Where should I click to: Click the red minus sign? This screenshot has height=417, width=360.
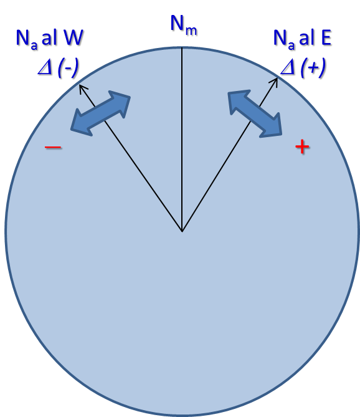(53, 147)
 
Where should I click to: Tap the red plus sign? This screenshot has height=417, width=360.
(302, 146)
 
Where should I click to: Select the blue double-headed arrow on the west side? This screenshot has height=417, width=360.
(100, 113)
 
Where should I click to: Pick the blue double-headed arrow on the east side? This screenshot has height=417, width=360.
(255, 113)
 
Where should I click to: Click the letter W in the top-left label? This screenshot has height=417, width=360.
(73, 37)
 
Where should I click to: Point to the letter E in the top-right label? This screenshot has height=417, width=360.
(326, 38)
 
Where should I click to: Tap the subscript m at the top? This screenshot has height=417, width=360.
(191, 31)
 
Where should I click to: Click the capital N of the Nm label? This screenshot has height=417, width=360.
(178, 23)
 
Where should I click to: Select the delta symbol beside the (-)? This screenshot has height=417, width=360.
(45, 69)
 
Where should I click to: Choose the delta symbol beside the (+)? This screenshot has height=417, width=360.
(288, 68)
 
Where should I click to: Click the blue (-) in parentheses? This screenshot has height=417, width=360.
(68, 68)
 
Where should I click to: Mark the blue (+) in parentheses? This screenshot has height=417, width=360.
(313, 68)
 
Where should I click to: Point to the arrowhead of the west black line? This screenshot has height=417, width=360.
(82, 87)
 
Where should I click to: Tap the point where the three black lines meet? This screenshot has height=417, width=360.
(182, 231)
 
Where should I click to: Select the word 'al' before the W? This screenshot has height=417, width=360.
(49, 37)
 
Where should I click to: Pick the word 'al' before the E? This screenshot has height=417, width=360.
(306, 37)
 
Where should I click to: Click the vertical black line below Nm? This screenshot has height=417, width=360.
(182, 140)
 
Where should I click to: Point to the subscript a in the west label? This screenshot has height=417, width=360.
(34, 46)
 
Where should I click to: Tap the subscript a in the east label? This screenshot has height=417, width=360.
(291, 46)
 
